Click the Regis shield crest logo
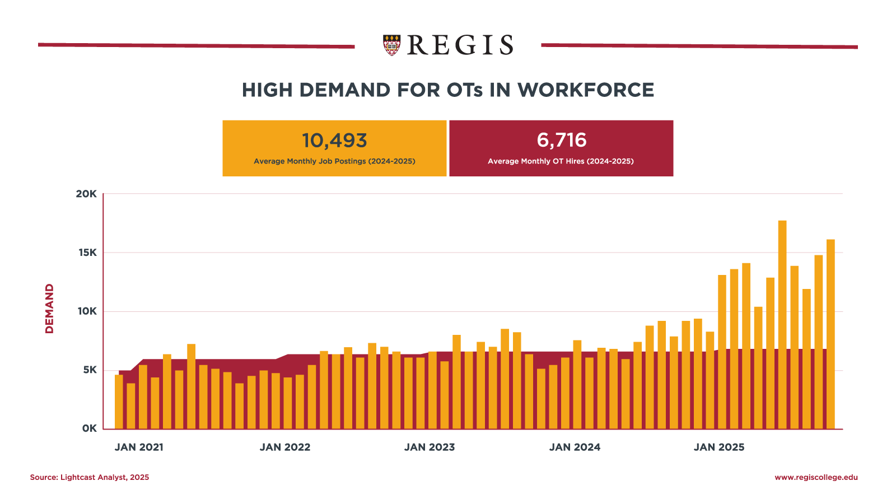pyautogui.click(x=392, y=45)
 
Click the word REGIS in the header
pyautogui.click(x=460, y=45)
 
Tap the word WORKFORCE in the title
pyautogui.click(x=585, y=90)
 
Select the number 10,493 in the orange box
pyautogui.click(x=334, y=141)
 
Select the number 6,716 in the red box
pyautogui.click(x=562, y=140)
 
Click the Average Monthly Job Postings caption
pyautogui.click(x=334, y=161)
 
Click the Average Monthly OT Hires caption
pyautogui.click(x=561, y=161)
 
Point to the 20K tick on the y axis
pyautogui.click(x=86, y=194)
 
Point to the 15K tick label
pyautogui.click(x=87, y=253)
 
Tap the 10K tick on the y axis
pyautogui.click(x=87, y=311)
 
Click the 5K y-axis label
pyautogui.click(x=90, y=370)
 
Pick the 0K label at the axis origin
pyautogui.click(x=89, y=428)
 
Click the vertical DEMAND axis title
pyautogui.click(x=50, y=309)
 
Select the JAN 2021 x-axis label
pyautogui.click(x=139, y=447)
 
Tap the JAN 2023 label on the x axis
pyautogui.click(x=430, y=447)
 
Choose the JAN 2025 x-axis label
pyautogui.click(x=719, y=447)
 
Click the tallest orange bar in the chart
pyautogui.click(x=782, y=325)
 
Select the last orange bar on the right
pyautogui.click(x=830, y=334)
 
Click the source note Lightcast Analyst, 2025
pyautogui.click(x=90, y=478)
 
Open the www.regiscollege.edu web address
pyautogui.click(x=816, y=478)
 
